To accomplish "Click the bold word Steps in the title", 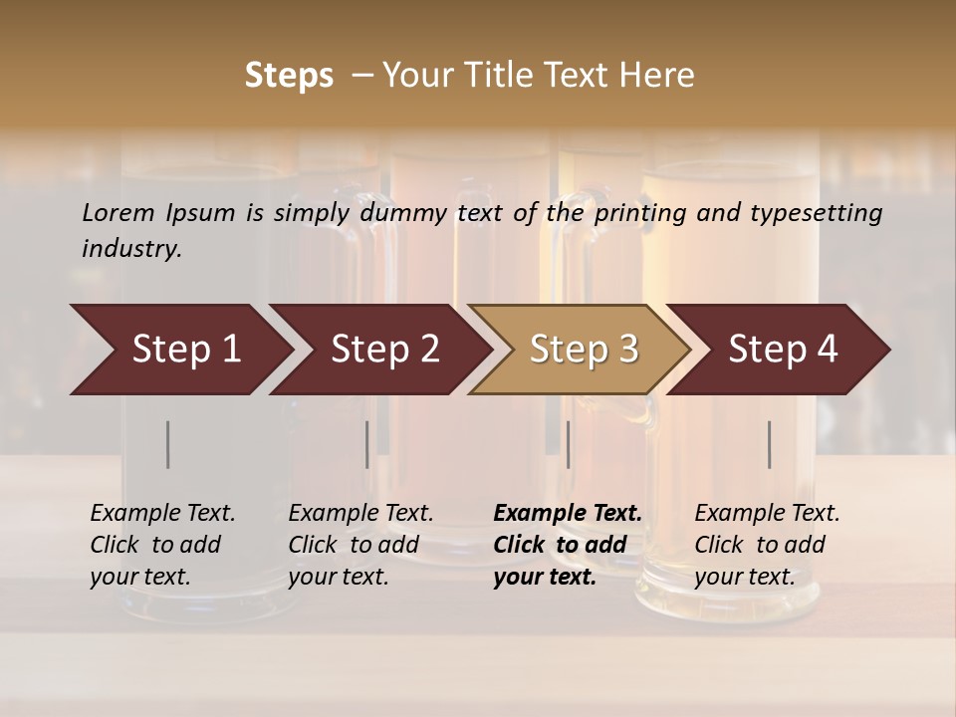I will (289, 76).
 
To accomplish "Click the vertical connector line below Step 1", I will (168, 444).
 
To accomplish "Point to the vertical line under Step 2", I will (366, 444).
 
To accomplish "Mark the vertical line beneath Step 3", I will (568, 444).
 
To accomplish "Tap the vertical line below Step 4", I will (770, 444).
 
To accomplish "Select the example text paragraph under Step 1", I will (162, 544).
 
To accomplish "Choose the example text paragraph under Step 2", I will (360, 544).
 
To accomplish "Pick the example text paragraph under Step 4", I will (767, 544).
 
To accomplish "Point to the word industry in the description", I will (131, 249).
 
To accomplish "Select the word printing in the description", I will (637, 212).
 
